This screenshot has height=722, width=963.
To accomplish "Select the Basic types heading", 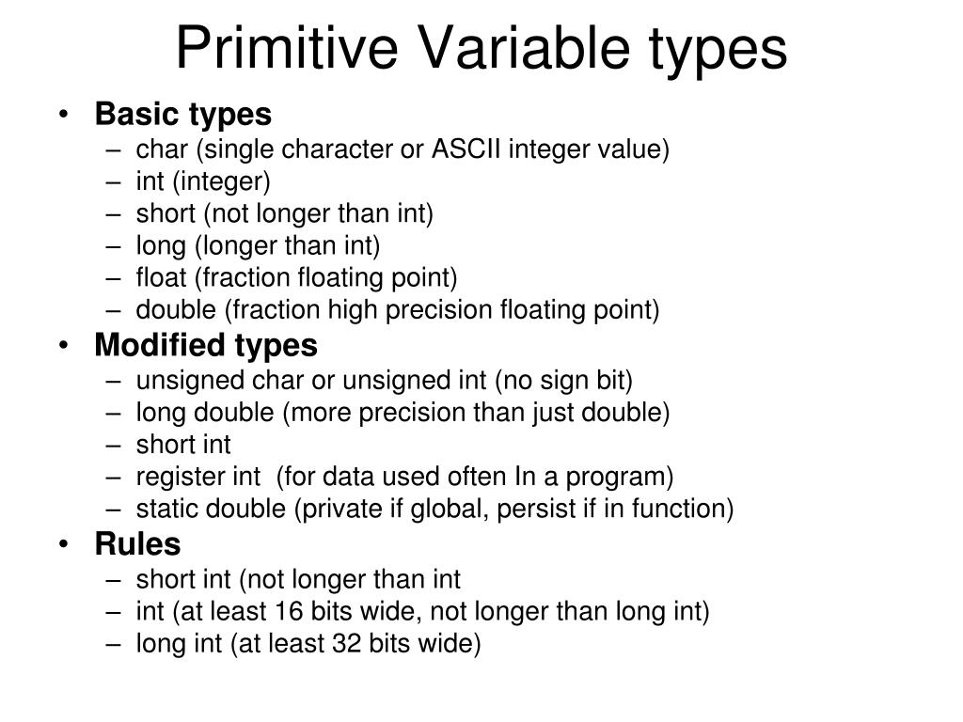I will [x=182, y=115].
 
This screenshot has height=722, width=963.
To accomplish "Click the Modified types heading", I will [x=206, y=345].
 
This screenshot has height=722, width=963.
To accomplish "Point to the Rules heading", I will [x=137, y=543].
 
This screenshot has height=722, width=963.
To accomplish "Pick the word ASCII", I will [x=466, y=149].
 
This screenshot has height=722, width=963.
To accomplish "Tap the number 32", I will [x=346, y=644].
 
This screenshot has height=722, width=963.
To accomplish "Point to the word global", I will [x=412, y=509].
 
